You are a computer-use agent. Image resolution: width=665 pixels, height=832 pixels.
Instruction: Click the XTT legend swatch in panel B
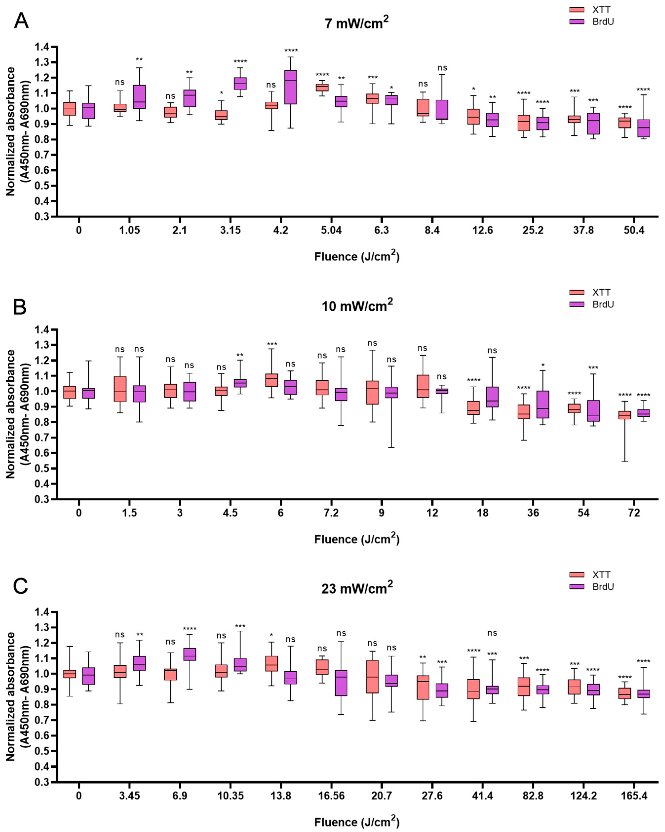[x=577, y=292]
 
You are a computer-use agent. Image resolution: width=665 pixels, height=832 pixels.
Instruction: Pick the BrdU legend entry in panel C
[x=602, y=586]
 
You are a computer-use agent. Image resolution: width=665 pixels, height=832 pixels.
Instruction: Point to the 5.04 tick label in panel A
[x=331, y=230]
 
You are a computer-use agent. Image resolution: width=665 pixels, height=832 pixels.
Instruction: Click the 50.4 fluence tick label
[x=634, y=230]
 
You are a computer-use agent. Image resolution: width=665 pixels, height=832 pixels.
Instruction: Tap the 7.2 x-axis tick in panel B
[x=331, y=513]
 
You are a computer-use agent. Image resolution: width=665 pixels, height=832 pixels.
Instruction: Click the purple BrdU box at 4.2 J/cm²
[x=290, y=87]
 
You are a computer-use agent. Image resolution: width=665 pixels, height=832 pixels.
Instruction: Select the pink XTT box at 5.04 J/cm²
[x=322, y=88]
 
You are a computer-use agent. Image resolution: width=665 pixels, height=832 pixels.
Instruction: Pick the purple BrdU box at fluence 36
[x=543, y=405]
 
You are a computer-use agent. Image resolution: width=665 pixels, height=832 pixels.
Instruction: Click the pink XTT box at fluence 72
[x=625, y=415]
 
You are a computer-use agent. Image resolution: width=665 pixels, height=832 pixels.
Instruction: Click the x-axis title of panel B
[x=357, y=539]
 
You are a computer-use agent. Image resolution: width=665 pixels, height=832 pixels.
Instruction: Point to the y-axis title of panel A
[x=17, y=131]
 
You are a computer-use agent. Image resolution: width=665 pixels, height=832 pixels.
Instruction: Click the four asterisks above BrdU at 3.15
[x=240, y=61]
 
